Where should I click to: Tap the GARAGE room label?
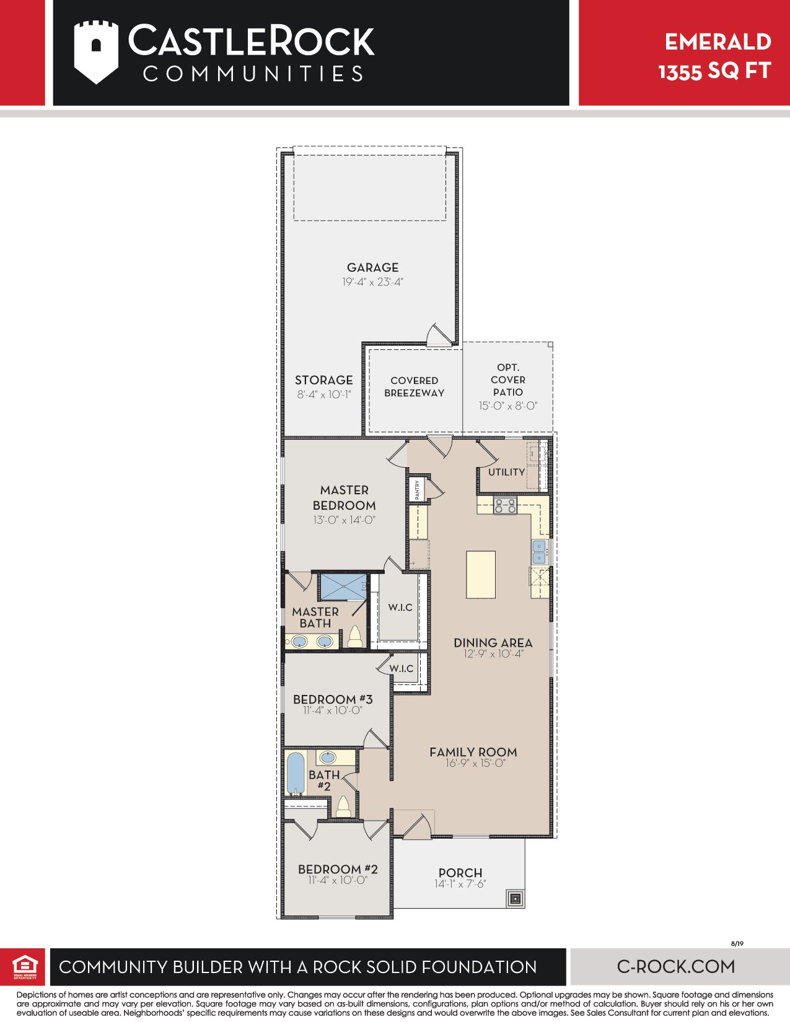pos(372,268)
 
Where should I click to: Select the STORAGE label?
pos(323,380)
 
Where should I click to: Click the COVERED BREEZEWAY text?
pos(414,387)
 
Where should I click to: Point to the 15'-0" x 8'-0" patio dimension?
pos(508,406)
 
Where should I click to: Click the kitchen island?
pos(480,575)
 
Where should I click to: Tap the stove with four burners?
pos(505,505)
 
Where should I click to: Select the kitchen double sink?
pos(539,552)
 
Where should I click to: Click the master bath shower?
pos(343,587)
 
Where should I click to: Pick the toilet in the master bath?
pos(354,637)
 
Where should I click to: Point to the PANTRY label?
pos(417,489)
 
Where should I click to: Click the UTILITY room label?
pos(506,472)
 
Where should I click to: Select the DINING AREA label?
pos(493,642)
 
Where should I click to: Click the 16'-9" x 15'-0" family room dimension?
pos(475,763)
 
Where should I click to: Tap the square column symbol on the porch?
pos(516,898)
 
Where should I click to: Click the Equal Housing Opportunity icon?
pos(25,967)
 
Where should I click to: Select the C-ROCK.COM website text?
pos(675,966)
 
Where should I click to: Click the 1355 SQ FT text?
pos(714,71)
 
